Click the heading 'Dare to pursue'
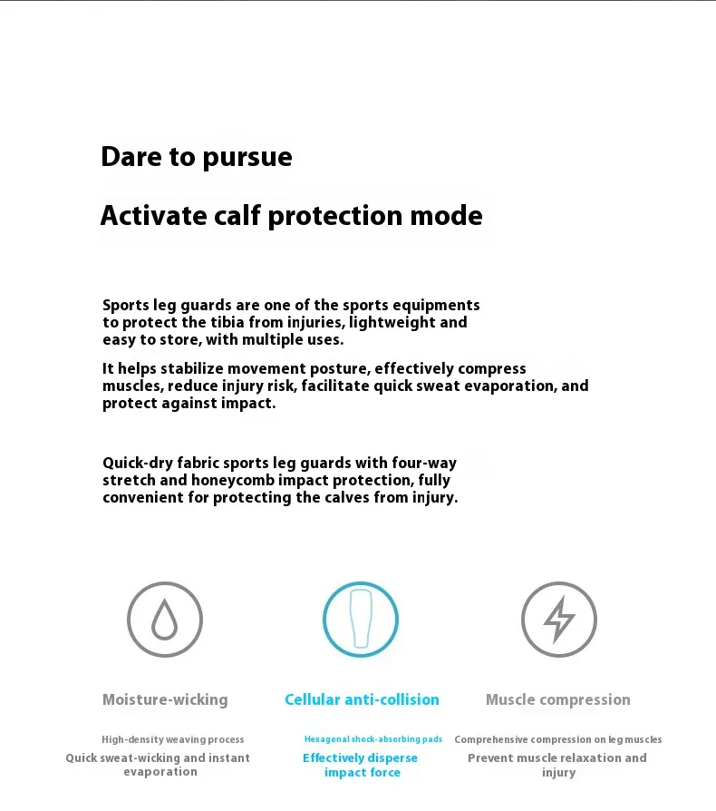pyautogui.click(x=197, y=157)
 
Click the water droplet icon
pyautogui.click(x=164, y=620)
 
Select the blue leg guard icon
pyautogui.click(x=361, y=620)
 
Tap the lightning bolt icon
pyautogui.click(x=558, y=620)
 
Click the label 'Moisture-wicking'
pyautogui.click(x=165, y=699)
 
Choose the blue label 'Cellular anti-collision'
pyautogui.click(x=362, y=699)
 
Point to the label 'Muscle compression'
pyautogui.click(x=558, y=699)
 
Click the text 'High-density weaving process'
pyautogui.click(x=173, y=739)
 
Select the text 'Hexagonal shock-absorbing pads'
pyautogui.click(x=373, y=739)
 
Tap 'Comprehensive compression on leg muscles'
pyautogui.click(x=558, y=739)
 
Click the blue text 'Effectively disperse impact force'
pyautogui.click(x=361, y=765)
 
